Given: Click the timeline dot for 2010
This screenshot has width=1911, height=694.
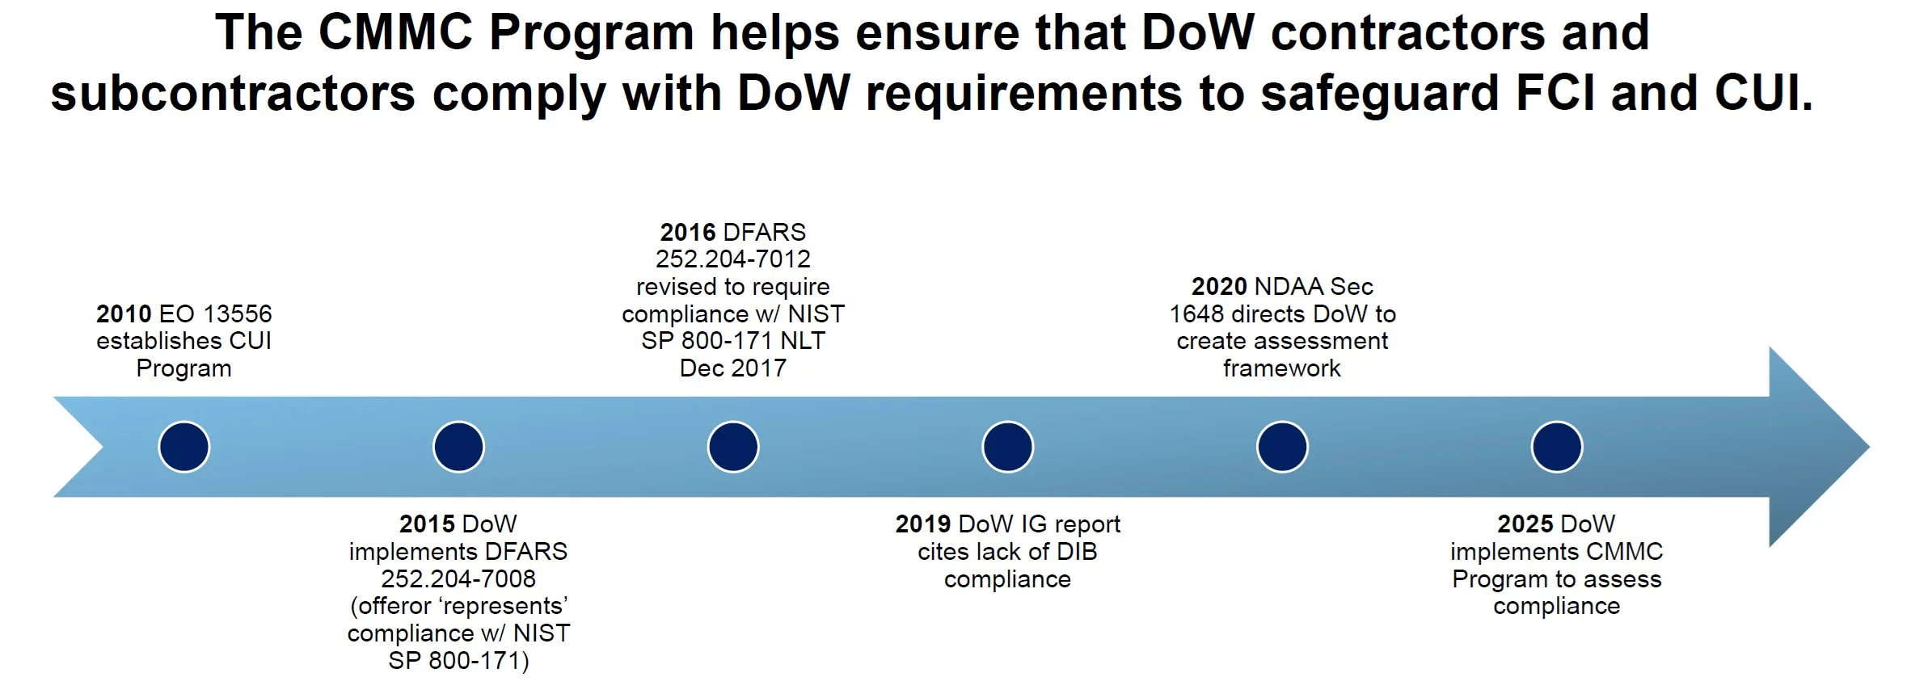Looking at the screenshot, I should (x=184, y=447).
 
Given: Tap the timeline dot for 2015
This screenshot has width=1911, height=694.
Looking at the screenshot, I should (x=458, y=447).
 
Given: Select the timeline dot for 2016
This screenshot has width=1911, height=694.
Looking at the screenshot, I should (x=733, y=447).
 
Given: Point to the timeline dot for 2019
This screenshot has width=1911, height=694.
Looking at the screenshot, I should (x=1007, y=447).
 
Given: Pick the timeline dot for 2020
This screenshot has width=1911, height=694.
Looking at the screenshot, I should (x=1282, y=447).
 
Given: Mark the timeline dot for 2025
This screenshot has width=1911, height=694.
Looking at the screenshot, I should (x=1557, y=447).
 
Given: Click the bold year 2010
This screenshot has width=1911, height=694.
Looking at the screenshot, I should (x=124, y=313).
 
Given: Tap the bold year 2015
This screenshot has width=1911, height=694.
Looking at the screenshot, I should (x=427, y=524).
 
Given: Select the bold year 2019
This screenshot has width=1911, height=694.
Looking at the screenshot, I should (x=922, y=524).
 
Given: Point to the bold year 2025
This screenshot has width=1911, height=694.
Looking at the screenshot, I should (x=1525, y=524).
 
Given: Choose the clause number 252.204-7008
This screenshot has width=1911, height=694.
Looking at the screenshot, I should (x=458, y=578).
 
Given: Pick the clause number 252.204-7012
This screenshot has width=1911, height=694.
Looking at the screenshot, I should (x=733, y=259).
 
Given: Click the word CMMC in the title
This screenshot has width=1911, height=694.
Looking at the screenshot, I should (x=395, y=33).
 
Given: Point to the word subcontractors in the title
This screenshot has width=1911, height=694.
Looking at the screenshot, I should (x=233, y=93).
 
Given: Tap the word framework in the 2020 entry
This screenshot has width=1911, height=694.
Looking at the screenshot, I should (x=1282, y=368).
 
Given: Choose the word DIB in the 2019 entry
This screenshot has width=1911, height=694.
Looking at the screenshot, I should (x=1075, y=552).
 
